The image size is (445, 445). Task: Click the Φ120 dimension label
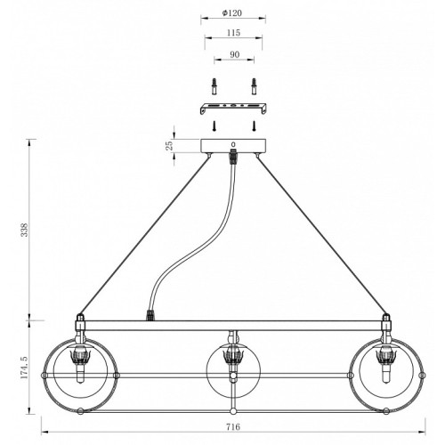pyautogui.click(x=232, y=13)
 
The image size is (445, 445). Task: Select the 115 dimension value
pyautogui.click(x=233, y=33)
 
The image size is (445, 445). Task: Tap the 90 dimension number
pyautogui.click(x=234, y=54)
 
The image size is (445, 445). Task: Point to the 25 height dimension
pyautogui.click(x=169, y=146)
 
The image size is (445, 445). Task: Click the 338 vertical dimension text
pyautogui.click(x=25, y=230)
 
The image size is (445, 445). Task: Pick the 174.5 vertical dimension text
pyautogui.click(x=25, y=368)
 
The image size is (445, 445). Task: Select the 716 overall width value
pyautogui.click(x=233, y=427)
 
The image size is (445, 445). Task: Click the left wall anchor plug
pyautogui.click(x=214, y=86)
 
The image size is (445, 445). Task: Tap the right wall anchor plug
pyautogui.click(x=254, y=86)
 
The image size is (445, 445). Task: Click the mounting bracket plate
pyautogui.click(x=232, y=109)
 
